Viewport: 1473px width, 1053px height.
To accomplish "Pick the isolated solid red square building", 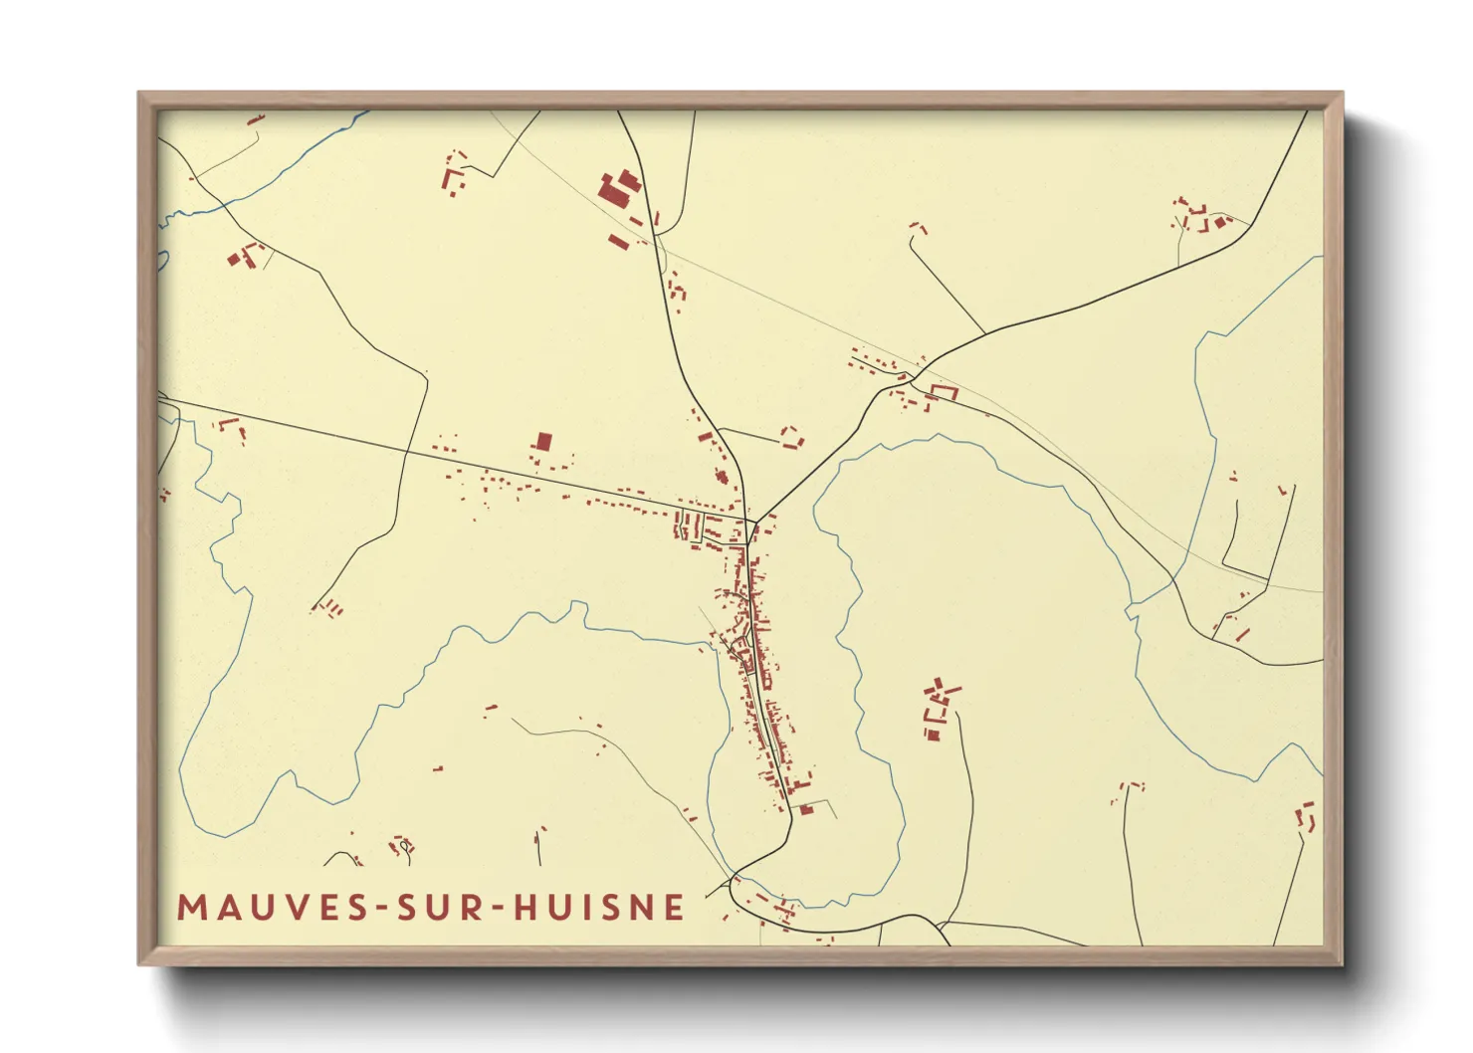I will (x=543, y=441).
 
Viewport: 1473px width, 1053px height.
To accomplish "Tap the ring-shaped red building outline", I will (x=792, y=438).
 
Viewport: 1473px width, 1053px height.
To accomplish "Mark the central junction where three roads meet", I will (x=752, y=521).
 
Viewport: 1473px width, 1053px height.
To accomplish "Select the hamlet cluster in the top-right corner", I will (x=1202, y=217).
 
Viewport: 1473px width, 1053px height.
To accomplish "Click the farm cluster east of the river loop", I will (x=939, y=709).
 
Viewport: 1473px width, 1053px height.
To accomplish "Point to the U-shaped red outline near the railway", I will (x=942, y=392).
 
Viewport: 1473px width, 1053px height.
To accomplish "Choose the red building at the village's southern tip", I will (x=806, y=809).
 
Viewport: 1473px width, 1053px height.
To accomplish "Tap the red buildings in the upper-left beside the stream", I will (x=245, y=256).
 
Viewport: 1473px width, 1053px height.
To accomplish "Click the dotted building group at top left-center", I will (x=455, y=174).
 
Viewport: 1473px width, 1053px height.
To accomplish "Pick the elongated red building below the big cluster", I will (x=619, y=241).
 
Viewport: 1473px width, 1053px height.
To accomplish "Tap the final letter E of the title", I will (x=676, y=908).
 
